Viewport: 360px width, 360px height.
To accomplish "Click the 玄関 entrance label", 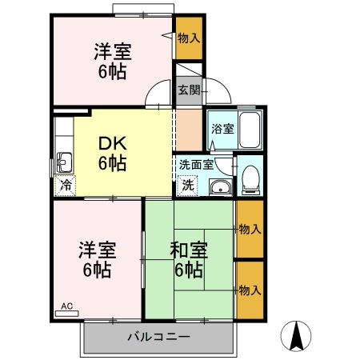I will pyautogui.click(x=189, y=90).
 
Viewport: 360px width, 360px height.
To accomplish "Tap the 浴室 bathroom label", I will pyautogui.click(x=222, y=128).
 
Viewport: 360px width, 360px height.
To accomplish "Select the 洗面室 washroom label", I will pyautogui.click(x=195, y=164).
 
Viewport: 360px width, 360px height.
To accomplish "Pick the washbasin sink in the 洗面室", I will pyautogui.click(x=219, y=187).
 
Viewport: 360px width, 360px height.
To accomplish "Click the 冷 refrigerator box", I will pyautogui.click(x=64, y=184).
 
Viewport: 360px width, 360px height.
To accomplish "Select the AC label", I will pyautogui.click(x=66, y=306).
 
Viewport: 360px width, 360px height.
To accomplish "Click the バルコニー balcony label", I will pyautogui.click(x=158, y=337).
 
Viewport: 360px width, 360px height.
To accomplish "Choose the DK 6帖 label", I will pyautogui.click(x=112, y=154).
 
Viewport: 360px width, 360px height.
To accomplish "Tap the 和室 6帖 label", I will pyautogui.click(x=189, y=258).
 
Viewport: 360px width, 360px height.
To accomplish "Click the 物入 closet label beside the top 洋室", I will pyautogui.click(x=189, y=38).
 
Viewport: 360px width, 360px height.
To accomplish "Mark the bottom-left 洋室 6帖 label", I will pyautogui.click(x=97, y=258).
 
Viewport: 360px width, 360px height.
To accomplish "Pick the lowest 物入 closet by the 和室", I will pyautogui.click(x=250, y=290).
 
